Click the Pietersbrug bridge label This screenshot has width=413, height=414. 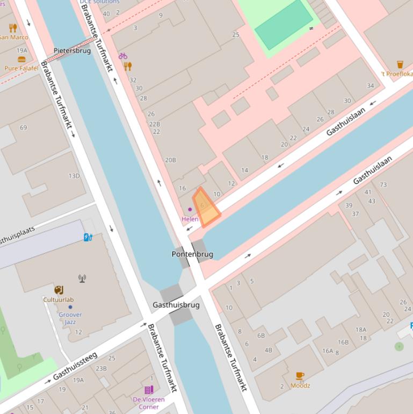point(73,51)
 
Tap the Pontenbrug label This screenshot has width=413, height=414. point(192,254)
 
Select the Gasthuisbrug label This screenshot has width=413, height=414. point(176,305)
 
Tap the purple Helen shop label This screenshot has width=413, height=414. point(190,219)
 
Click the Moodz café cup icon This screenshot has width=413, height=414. point(300,376)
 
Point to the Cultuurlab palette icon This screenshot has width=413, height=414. point(59,290)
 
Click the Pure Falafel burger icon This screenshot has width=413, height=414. point(21,60)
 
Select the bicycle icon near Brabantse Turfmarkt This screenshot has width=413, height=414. point(123,56)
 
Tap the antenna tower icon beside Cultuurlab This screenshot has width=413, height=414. point(82,279)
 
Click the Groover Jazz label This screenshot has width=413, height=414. point(70,318)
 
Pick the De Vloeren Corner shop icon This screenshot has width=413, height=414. point(149,390)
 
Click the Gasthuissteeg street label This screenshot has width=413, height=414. point(75,366)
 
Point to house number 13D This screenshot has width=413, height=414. point(74,176)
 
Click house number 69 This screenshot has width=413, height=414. point(23,127)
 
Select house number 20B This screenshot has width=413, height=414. point(170,160)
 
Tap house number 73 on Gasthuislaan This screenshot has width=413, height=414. point(383,184)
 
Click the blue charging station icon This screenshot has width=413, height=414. point(88,237)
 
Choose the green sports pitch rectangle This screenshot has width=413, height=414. point(284,24)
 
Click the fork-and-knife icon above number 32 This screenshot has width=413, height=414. point(127,66)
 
